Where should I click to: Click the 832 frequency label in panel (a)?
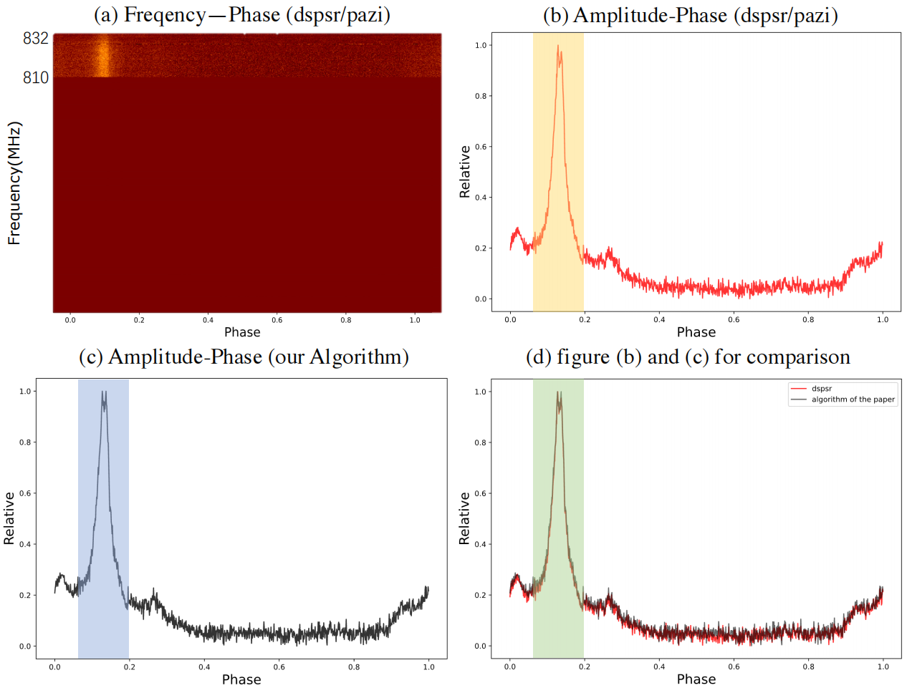point(35,39)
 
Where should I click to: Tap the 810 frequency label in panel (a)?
point(35,77)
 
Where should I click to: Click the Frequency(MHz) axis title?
point(14,183)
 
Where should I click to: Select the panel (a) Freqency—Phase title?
point(242,15)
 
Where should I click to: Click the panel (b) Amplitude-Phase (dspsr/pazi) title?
point(690,15)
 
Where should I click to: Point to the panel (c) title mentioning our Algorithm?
point(244,357)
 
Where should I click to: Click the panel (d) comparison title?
point(688,357)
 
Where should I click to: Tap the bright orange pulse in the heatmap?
point(103,57)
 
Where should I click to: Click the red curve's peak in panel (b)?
point(558,47)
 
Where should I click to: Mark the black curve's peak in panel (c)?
point(104,393)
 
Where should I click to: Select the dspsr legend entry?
point(822,389)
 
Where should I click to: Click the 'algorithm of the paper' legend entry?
point(853,399)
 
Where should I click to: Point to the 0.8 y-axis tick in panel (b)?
point(481,96)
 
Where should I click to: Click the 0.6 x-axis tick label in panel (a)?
point(277,320)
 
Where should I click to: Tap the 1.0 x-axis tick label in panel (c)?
point(428,667)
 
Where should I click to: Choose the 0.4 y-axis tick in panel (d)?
point(481,545)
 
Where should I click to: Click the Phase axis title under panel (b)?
point(696,332)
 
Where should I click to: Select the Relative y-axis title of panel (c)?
point(9,518)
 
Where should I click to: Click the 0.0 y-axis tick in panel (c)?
point(25,646)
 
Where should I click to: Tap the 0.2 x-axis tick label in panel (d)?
point(585,667)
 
